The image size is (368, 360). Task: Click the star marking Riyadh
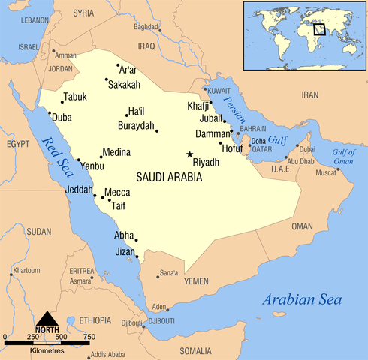tap(189, 154)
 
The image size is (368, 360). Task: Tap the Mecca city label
tap(117, 192)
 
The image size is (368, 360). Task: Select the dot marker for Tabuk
tap(62, 102)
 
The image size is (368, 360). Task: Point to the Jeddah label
tap(79, 190)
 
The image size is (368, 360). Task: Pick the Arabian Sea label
tap(303, 300)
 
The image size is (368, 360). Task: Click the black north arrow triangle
tap(47, 318)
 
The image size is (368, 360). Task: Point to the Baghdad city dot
tap(159, 31)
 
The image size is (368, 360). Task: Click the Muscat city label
tap(326, 173)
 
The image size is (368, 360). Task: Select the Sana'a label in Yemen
tap(169, 272)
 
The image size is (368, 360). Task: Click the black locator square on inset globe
tap(319, 29)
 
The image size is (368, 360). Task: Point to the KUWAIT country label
tap(218, 90)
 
